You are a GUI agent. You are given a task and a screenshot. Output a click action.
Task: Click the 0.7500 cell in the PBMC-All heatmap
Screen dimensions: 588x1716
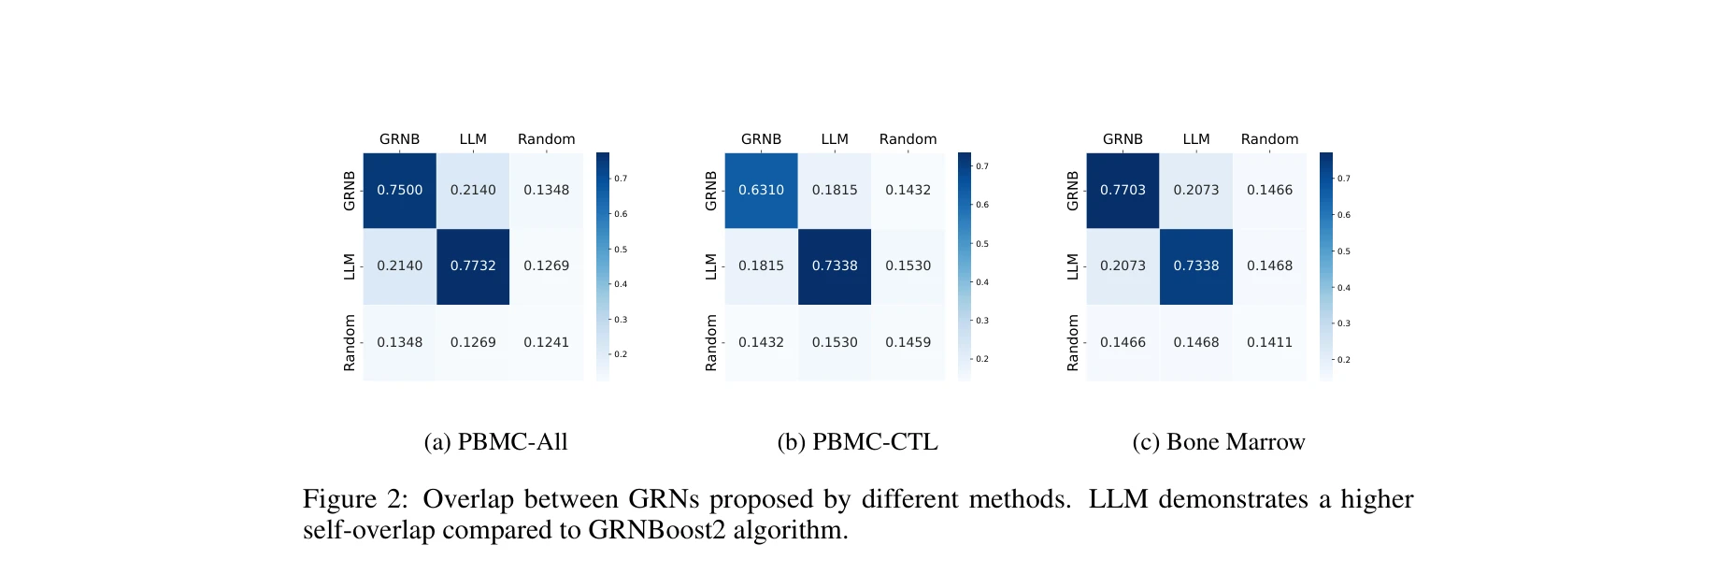tap(399, 190)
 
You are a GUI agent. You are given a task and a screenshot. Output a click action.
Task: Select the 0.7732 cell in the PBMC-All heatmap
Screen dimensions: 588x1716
tap(473, 265)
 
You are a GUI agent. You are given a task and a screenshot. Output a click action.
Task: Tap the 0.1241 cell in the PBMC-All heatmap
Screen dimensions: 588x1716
tap(546, 342)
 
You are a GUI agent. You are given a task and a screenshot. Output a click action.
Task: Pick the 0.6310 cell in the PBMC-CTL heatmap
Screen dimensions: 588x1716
tap(761, 190)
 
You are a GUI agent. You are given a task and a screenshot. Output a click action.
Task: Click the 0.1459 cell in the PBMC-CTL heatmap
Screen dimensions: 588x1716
tap(908, 342)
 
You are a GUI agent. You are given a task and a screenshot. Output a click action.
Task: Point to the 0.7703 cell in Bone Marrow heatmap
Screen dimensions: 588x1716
tap(1123, 190)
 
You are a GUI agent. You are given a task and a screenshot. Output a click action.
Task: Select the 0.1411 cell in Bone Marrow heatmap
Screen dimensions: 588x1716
tap(1269, 342)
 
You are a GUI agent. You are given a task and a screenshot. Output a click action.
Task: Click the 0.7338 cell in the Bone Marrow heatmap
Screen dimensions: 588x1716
tap(1195, 265)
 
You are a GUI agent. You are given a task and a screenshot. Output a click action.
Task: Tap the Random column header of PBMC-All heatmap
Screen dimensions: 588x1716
tap(546, 139)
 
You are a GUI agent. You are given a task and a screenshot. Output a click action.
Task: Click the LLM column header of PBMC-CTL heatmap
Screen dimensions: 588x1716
tap(835, 139)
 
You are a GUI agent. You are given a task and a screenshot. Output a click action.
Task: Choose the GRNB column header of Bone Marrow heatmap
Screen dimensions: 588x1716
tap(1123, 139)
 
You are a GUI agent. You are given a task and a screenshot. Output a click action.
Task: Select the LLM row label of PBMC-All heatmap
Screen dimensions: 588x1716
tap(350, 266)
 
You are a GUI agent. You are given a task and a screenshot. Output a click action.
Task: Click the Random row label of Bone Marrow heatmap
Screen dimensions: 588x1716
tap(1073, 342)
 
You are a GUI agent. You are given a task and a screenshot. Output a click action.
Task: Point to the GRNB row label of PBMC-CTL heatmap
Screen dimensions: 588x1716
tap(711, 191)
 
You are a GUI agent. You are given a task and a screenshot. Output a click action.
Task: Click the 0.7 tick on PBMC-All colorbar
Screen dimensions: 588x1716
tap(621, 179)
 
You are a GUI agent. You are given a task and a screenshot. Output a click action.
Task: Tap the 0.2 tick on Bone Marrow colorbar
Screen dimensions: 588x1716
tap(1343, 360)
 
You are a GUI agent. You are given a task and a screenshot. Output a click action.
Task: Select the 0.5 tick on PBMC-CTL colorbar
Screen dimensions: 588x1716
tap(982, 244)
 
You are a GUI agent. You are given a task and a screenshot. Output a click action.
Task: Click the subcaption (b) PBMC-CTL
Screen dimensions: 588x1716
tap(857, 442)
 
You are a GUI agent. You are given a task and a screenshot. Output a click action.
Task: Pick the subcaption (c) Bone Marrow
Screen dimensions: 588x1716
tap(1218, 442)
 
